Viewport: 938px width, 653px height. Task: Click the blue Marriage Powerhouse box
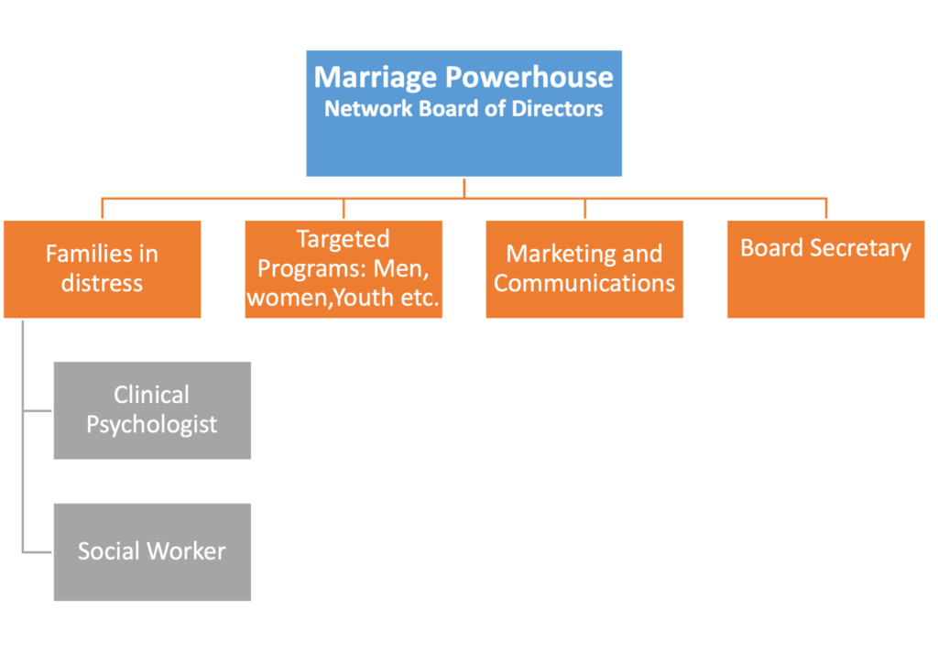coord(464,113)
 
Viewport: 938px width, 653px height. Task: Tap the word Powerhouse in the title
coord(529,77)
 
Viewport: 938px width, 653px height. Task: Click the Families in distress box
coord(103,269)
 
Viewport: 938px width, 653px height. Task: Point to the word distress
coord(103,283)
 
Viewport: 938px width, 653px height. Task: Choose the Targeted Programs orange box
coord(344,269)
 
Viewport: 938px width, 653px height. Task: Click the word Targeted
coord(344,240)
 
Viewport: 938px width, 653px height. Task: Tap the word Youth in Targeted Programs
coord(364,298)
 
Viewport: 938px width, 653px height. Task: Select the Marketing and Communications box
coord(584,269)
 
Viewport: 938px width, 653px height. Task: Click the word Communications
coord(584,283)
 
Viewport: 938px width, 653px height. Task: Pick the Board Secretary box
coord(826,269)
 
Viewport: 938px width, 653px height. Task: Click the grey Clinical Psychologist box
coord(153,410)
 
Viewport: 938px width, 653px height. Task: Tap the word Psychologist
coord(152,425)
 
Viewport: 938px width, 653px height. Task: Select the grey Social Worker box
coord(153,552)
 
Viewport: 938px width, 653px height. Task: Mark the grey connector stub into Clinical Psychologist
coord(38,411)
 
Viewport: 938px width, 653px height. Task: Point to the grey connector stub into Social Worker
coord(38,552)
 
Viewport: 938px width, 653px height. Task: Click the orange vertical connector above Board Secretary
coord(826,209)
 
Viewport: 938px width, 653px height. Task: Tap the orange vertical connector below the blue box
coord(464,187)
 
